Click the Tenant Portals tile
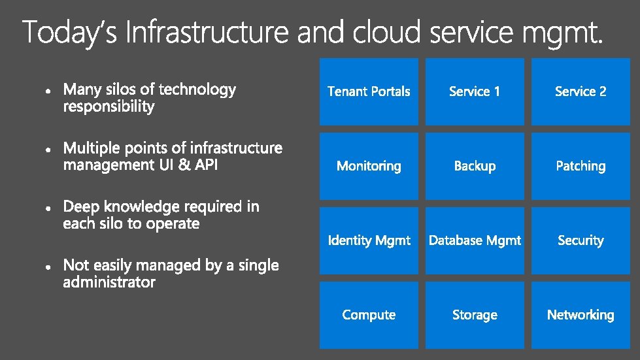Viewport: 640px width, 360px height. (369, 91)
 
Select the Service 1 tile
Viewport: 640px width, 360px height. (475, 91)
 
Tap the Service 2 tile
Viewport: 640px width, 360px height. (581, 91)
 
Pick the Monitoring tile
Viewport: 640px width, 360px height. (369, 166)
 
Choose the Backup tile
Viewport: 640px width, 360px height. (475, 166)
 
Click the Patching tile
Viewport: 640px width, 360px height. (581, 166)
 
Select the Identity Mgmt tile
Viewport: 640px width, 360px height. (369, 240)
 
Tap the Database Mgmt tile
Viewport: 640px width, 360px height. (475, 240)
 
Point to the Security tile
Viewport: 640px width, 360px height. (581, 240)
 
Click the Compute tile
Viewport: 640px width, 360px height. (369, 315)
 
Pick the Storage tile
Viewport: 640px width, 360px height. (475, 315)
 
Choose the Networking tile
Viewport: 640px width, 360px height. (581, 315)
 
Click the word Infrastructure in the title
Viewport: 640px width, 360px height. (207, 32)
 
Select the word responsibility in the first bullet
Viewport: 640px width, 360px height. (109, 106)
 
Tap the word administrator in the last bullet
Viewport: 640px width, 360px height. (109, 282)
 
